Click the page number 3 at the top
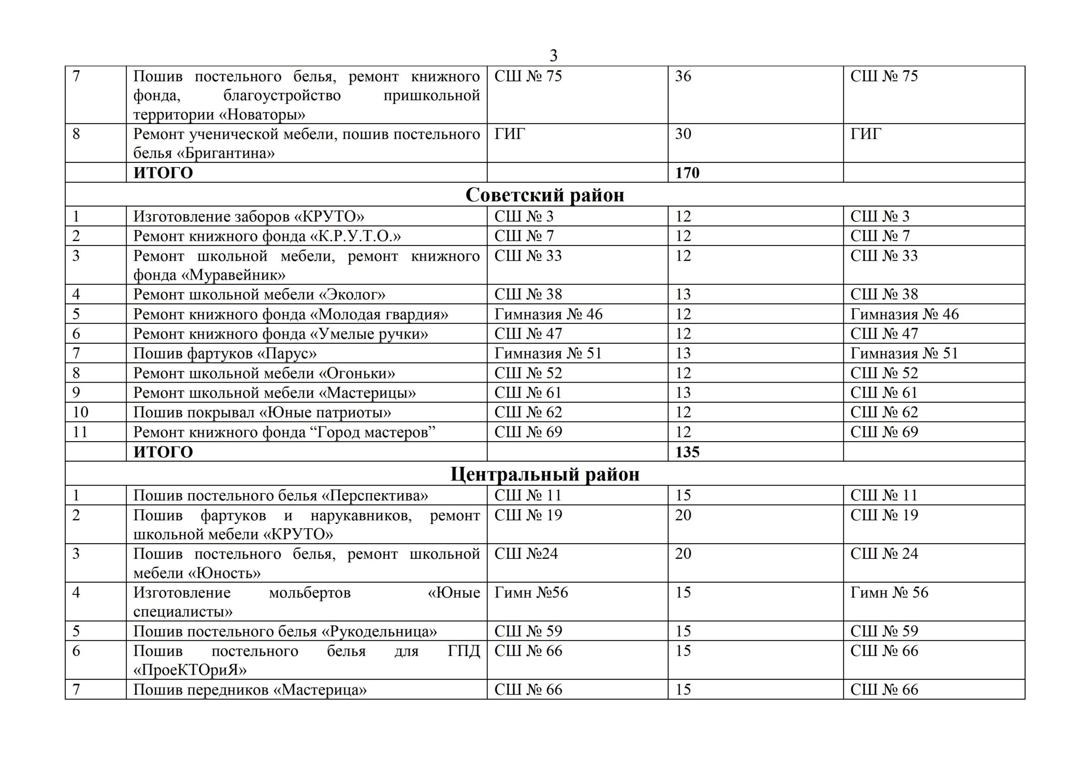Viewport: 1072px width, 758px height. pyautogui.click(x=553, y=56)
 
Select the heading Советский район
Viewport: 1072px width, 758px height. pyautogui.click(x=544, y=195)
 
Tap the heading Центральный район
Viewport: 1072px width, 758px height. pyautogui.click(x=544, y=474)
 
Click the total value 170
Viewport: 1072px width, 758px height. pyautogui.click(x=687, y=173)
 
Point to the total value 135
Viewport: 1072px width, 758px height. pyautogui.click(x=687, y=452)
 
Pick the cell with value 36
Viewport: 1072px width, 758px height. pyautogui.click(x=683, y=76)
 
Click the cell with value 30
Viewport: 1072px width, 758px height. pyautogui.click(x=683, y=134)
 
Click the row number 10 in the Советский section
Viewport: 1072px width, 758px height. pyautogui.click(x=80, y=412)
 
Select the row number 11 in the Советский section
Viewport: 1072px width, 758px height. pyautogui.click(x=80, y=432)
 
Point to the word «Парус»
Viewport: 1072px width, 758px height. pyautogui.click(x=287, y=353)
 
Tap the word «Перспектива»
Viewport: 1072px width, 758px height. pyautogui.click(x=375, y=495)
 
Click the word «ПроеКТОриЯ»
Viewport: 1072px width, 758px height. pyautogui.click(x=190, y=670)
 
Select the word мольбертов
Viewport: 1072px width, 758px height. pyautogui.click(x=309, y=592)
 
